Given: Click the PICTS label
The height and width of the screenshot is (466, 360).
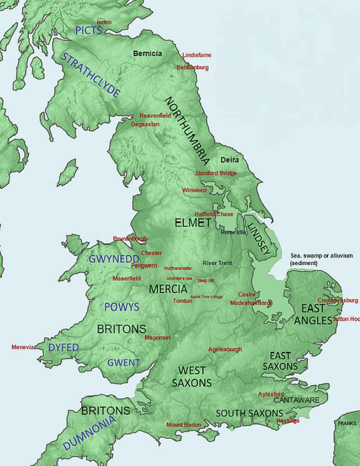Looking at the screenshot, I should tap(89, 30).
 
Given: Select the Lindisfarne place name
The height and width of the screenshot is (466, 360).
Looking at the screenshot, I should tap(197, 55).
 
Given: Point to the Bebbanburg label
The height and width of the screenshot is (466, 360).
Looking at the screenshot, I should tap(192, 68).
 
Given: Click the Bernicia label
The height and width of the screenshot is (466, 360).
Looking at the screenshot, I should tap(147, 54).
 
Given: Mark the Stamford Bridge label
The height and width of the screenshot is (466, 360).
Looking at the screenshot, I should tap(216, 173).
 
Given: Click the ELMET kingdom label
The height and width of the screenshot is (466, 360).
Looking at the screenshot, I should tap(193, 223).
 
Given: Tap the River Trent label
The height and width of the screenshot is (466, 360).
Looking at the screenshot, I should tap(217, 263).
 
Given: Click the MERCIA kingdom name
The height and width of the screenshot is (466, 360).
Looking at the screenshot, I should tap(168, 289).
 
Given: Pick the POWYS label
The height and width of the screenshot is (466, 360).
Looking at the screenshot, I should tap(121, 307).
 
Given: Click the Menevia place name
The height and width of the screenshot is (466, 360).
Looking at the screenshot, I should tap(23, 347).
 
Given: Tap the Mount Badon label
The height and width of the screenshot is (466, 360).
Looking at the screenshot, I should tap(184, 425).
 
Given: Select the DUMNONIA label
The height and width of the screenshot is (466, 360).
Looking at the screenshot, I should tap(90, 433).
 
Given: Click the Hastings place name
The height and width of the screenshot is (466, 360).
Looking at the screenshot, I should tap(288, 421).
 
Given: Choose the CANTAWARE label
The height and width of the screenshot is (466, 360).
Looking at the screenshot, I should tap(297, 400).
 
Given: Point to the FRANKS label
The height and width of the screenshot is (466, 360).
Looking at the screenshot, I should tap(347, 423).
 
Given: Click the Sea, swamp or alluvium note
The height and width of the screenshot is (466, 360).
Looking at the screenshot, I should tap(322, 259).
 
